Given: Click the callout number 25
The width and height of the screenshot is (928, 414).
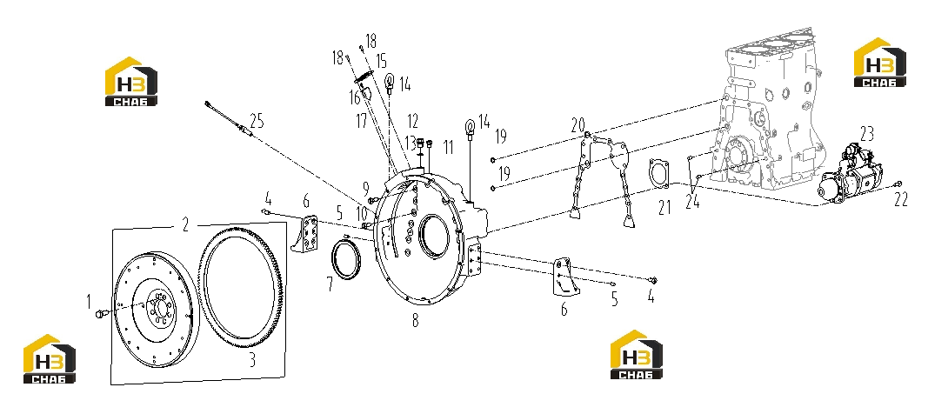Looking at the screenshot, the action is point(257,121).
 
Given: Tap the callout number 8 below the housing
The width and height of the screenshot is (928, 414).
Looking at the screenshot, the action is point(416,321).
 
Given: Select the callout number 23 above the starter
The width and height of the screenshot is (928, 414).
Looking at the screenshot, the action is point(867,134).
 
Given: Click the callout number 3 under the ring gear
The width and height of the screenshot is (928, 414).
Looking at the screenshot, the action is point(251,359).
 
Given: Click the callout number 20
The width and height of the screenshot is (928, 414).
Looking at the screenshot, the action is point(577,124).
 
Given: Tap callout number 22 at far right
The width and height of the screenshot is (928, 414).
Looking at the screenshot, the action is point(900,201).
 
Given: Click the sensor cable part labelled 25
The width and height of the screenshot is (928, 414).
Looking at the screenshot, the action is point(230,120).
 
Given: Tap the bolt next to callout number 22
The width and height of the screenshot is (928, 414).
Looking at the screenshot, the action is point(898,184).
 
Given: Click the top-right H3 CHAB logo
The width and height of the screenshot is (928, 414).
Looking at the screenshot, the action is point(880,62).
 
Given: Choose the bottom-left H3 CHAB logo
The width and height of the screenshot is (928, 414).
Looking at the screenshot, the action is point(50,359).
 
